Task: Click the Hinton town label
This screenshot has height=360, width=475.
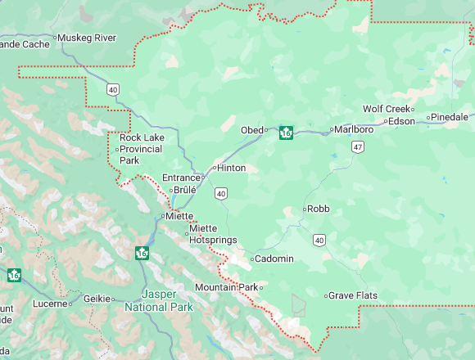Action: pyautogui.click(x=231, y=168)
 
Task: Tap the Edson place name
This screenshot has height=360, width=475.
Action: pyautogui.click(x=401, y=121)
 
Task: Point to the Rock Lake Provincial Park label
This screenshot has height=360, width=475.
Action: pyautogui.click(x=142, y=149)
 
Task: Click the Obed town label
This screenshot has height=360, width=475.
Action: pyautogui.click(x=251, y=130)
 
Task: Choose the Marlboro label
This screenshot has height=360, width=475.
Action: pyautogui.click(x=354, y=129)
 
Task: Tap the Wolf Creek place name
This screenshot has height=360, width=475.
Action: pyautogui.click(x=386, y=109)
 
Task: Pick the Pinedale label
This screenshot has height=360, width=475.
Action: pyautogui.click(x=450, y=117)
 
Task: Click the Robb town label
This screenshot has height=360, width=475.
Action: pyautogui.click(x=318, y=209)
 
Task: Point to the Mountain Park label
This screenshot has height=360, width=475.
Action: pyautogui.click(x=226, y=287)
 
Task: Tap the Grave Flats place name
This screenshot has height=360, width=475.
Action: pyautogui.click(x=351, y=295)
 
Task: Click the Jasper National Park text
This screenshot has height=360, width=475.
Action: pyautogui.click(x=159, y=300)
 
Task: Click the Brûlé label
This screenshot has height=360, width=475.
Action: pyautogui.click(x=184, y=191)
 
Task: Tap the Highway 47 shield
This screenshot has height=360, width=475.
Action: pyautogui.click(x=357, y=146)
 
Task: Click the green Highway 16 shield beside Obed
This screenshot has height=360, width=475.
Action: pyautogui.click(x=286, y=132)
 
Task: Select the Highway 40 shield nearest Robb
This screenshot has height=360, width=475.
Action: pyautogui.click(x=319, y=240)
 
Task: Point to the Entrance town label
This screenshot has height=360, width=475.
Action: pyautogui.click(x=181, y=178)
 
